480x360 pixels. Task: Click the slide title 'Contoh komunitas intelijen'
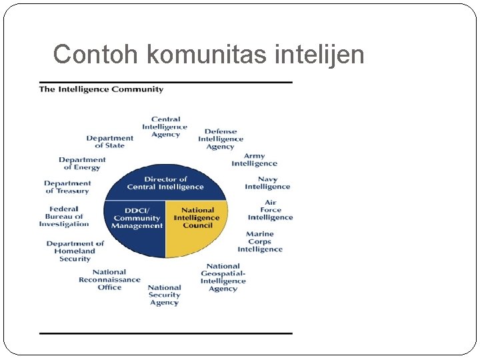209,54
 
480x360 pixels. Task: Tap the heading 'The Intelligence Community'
101,89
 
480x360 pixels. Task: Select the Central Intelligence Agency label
165,127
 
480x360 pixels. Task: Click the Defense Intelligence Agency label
221,139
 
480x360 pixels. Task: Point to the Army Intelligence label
255,160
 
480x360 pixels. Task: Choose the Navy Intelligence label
267,183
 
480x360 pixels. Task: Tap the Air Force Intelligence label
271,210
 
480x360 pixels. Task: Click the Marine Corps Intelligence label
260,242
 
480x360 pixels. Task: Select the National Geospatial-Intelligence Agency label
223,277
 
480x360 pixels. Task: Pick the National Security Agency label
165,295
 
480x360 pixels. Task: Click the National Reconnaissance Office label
109,280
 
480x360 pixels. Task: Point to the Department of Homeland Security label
75,251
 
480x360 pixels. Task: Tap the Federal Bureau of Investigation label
64,217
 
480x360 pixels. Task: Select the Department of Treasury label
67,187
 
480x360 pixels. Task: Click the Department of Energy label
82,163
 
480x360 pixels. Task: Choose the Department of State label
110,142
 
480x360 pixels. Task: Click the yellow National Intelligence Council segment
197,227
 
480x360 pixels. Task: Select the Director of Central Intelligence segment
165,183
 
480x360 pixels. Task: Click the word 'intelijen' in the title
319,54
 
